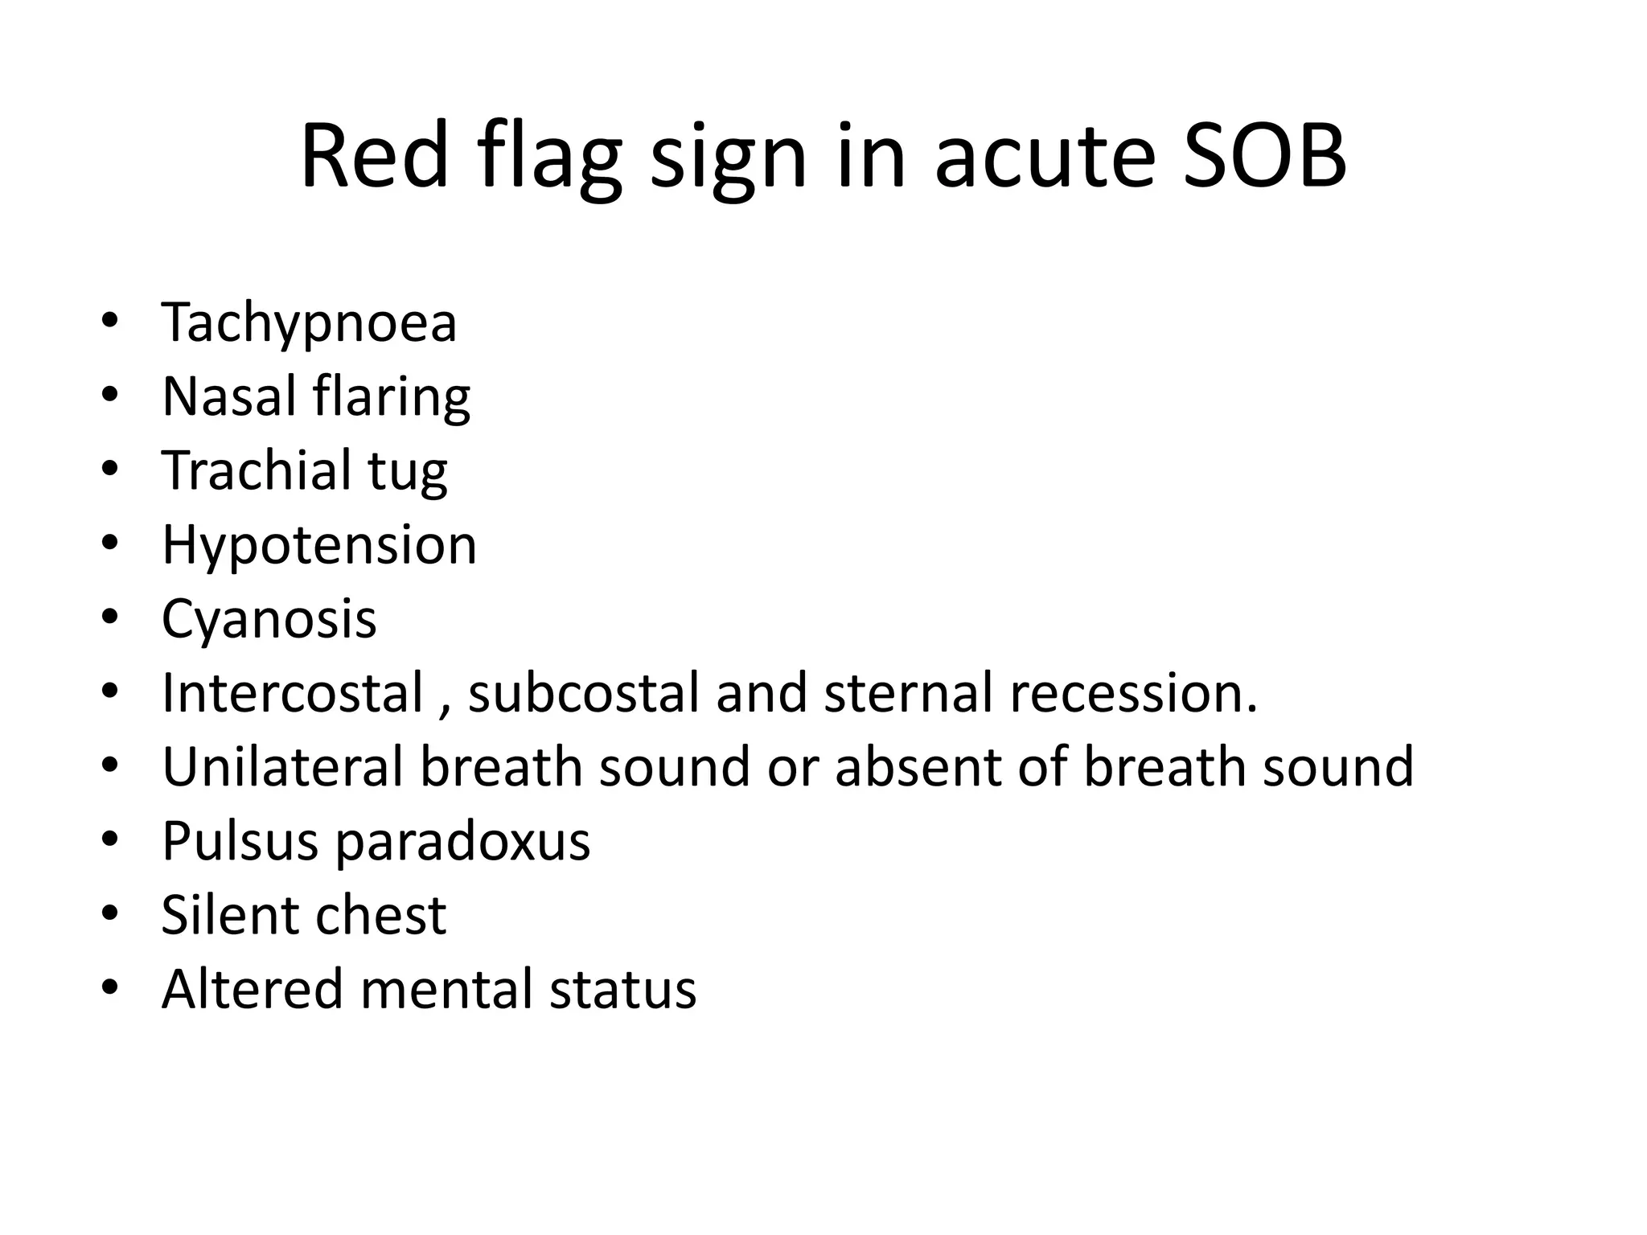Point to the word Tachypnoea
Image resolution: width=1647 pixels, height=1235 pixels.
309,323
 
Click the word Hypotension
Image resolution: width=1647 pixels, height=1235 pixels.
319,546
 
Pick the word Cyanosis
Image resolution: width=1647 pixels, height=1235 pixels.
269,620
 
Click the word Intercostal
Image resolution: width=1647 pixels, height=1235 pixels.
292,693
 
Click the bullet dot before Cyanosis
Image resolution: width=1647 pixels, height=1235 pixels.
110,617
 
